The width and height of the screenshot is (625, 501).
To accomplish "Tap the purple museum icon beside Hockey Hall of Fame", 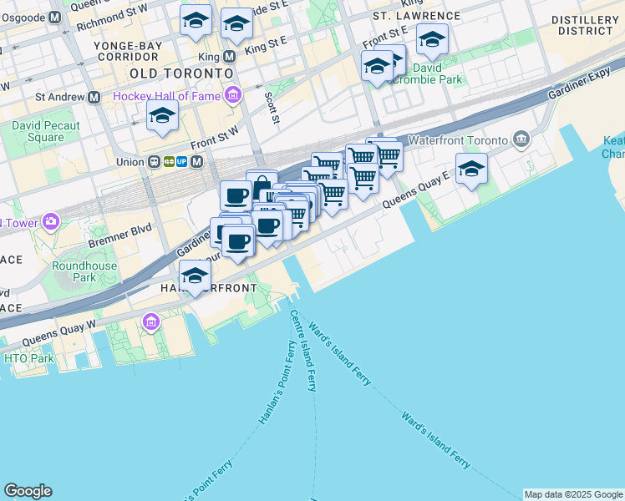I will coord(232,96).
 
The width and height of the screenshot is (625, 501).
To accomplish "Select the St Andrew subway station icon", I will coord(94,97).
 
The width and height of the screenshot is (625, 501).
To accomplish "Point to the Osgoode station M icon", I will coord(55,17).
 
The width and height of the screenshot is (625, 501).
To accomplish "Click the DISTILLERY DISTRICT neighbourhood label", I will coord(586,25).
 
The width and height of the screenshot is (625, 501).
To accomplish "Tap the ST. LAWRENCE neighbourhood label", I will coord(416,16).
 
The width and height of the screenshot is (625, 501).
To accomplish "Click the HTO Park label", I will coord(28,358).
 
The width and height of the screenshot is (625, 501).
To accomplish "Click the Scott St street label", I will coord(271,107).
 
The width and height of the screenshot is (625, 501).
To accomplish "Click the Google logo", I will coord(28,491).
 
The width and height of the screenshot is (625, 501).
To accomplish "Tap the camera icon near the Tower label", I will coord(52,221).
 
